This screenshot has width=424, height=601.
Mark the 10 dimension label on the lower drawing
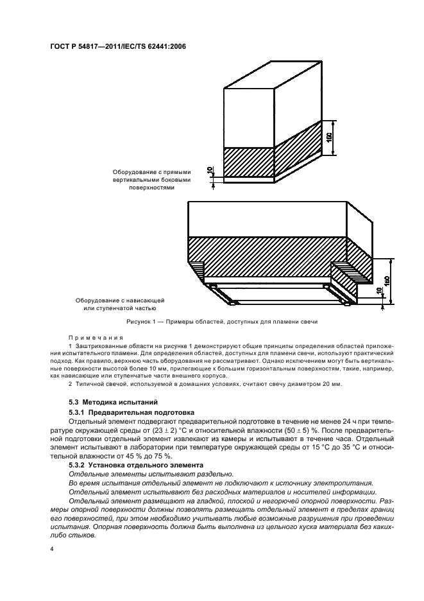click(x=380, y=292)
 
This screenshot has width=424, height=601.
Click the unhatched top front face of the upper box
click(x=248, y=118)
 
